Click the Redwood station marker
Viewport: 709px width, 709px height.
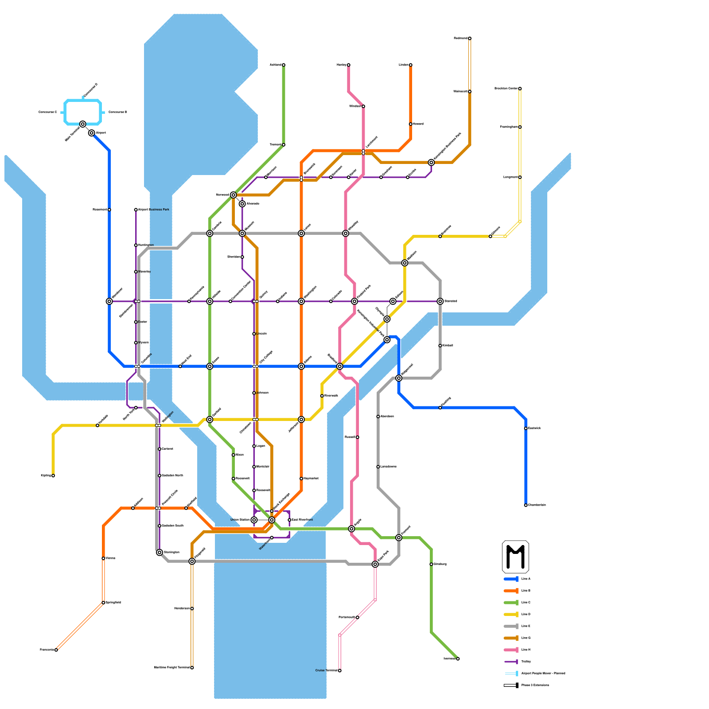pyautogui.click(x=470, y=39)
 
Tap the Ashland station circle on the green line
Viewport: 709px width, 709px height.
pyautogui.click(x=284, y=65)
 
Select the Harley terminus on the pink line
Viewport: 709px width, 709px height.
pyautogui.click(x=349, y=65)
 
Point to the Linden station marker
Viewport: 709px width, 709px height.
pyautogui.click(x=411, y=65)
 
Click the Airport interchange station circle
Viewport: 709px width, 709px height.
pyautogui.click(x=91, y=133)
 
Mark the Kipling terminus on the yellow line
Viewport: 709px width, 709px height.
pyautogui.click(x=53, y=476)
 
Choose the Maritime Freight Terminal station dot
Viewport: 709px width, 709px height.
pyautogui.click(x=192, y=668)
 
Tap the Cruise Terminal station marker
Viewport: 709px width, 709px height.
pyautogui.click(x=340, y=671)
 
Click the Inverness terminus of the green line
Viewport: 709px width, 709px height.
pyautogui.click(x=458, y=659)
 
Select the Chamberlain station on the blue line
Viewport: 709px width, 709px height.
pyautogui.click(x=526, y=505)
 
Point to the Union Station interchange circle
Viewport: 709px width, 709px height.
pyautogui.click(x=254, y=520)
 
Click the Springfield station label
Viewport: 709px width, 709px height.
pyautogui.click(x=113, y=603)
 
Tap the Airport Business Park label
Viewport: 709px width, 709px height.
pyautogui.click(x=154, y=210)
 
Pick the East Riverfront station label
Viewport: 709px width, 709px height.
pyautogui.click(x=303, y=520)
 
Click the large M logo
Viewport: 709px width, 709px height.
pyautogui.click(x=515, y=557)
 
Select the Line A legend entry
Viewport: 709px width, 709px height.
pyautogui.click(x=526, y=579)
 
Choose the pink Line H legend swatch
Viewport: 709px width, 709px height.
pyautogui.click(x=511, y=650)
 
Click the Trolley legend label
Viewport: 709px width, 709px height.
pyautogui.click(x=526, y=662)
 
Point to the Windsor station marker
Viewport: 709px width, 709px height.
pyautogui.click(x=363, y=106)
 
